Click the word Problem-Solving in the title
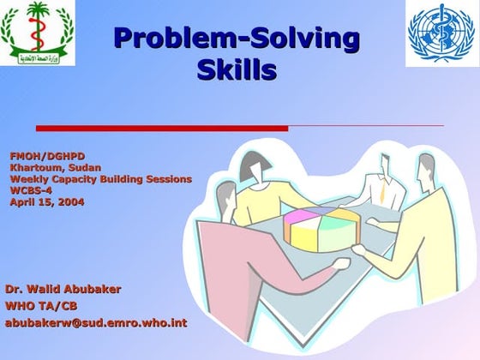tap(236, 39)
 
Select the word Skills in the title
tap(237, 69)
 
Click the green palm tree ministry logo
tap(39, 33)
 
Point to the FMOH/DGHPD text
tap(47, 156)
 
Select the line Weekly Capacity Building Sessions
tap(100, 179)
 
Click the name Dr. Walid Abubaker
tap(63, 289)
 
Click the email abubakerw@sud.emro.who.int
tap(96, 323)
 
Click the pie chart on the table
tap(319, 228)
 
